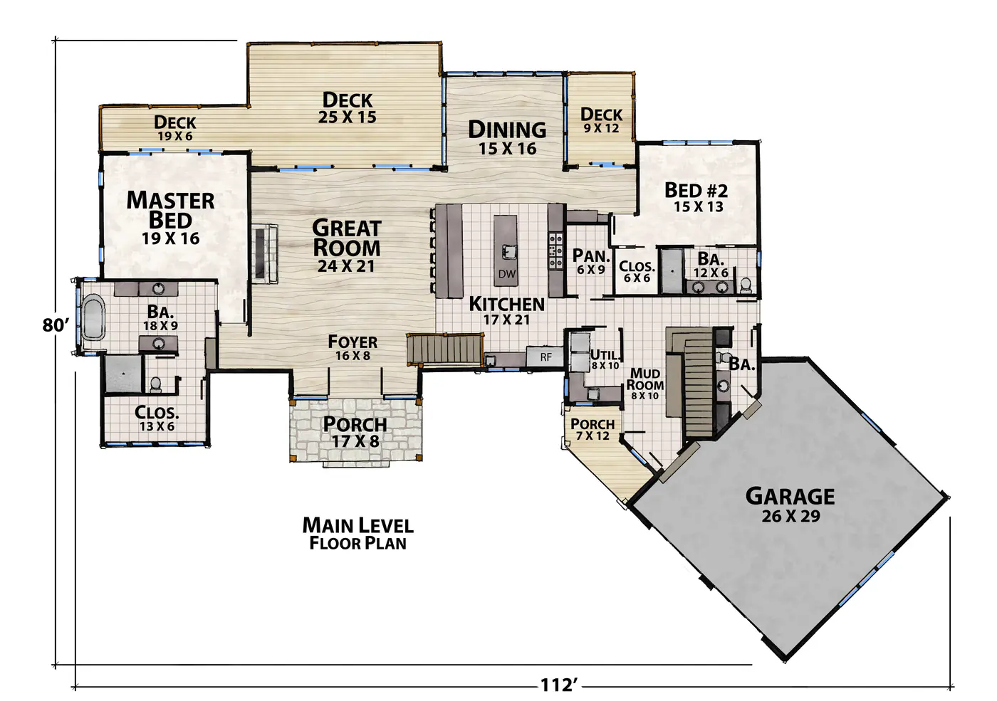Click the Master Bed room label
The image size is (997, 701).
pos(170,218)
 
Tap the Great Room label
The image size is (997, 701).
pos(347,246)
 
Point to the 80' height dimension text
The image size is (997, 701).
pos(56,326)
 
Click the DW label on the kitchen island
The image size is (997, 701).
pos(506,274)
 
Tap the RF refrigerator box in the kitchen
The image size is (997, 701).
pos(546,357)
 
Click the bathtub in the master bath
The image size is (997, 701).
pos(93,317)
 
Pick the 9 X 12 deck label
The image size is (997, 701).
pos(601,128)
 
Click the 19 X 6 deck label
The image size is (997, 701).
pos(175,136)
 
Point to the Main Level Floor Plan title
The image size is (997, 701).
pos(357,534)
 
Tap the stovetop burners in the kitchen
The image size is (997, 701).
pos(555,251)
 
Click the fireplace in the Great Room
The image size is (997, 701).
pos(266,253)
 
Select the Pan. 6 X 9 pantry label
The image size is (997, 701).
pos(590,262)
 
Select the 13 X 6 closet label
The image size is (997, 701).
pos(157,426)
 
